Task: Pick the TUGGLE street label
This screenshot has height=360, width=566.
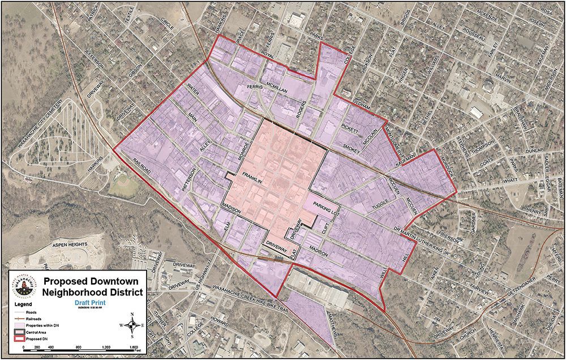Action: click(381, 205)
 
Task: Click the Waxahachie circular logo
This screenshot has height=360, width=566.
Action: click(23, 286)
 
